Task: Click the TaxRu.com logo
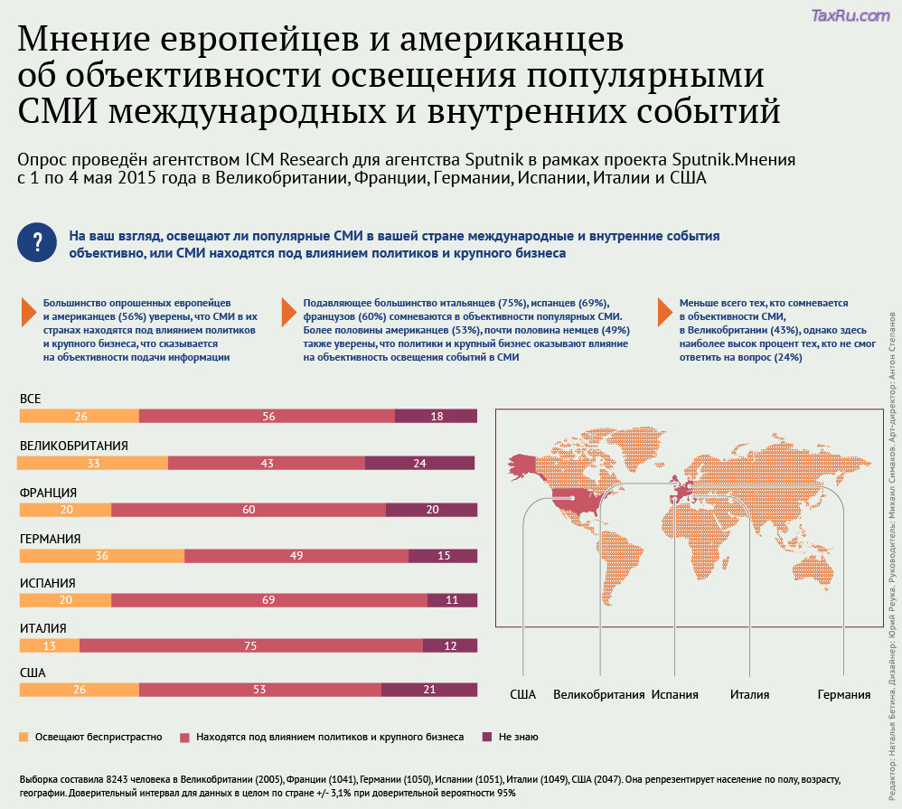[850, 15]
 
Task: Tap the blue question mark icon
[37, 242]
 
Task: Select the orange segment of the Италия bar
[49, 645]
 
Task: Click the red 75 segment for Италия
[250, 645]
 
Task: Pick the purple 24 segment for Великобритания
[419, 463]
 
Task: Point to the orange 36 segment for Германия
[101, 555]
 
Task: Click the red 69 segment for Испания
[268, 600]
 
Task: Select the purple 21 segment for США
[428, 690]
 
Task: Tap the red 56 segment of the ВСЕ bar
[268, 416]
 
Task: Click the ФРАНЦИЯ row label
[48, 493]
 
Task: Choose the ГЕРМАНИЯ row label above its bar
[51, 539]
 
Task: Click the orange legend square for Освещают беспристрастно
[24, 737]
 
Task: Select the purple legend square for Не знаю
[487, 737]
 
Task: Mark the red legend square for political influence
[185, 737]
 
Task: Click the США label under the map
[523, 694]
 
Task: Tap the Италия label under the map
[750, 694]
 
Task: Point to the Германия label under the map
[844, 694]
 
